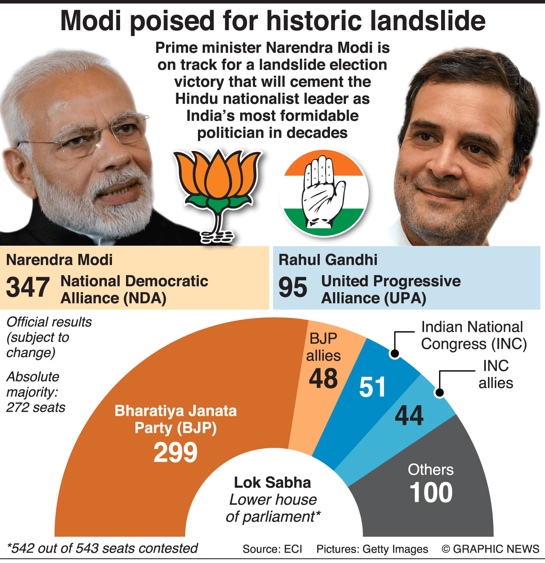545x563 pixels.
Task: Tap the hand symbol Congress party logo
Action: click(x=324, y=193)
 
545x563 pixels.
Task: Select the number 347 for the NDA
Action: click(x=28, y=287)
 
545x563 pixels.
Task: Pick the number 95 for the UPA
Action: click(x=293, y=287)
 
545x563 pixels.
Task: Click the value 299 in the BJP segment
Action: click(x=175, y=452)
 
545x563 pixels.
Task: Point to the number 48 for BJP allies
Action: click(x=324, y=378)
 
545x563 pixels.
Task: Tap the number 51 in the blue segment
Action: click(x=372, y=387)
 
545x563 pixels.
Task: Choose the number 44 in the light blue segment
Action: click(x=409, y=415)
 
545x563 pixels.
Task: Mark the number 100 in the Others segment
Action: click(x=431, y=492)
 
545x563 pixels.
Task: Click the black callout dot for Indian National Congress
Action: click(x=395, y=353)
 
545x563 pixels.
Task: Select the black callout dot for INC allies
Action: click(x=439, y=392)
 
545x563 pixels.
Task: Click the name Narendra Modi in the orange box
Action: click(x=60, y=260)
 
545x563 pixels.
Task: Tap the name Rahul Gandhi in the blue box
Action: click(x=328, y=260)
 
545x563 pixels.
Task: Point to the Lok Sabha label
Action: click(x=272, y=483)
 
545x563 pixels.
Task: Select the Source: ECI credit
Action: click(x=272, y=549)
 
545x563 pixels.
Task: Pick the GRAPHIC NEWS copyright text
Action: click(x=490, y=549)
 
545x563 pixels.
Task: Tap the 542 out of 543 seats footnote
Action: click(x=102, y=549)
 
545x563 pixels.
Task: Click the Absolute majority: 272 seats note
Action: click(x=36, y=392)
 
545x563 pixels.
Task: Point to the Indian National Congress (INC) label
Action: click(x=474, y=336)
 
